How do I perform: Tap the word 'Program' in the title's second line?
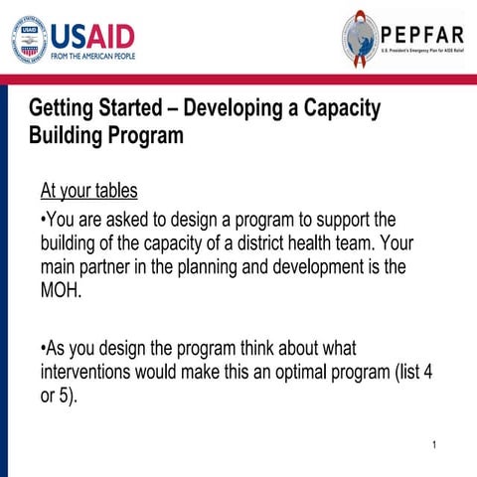[144, 135]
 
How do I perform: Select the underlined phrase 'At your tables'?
[88, 190]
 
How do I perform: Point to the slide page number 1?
[435, 444]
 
